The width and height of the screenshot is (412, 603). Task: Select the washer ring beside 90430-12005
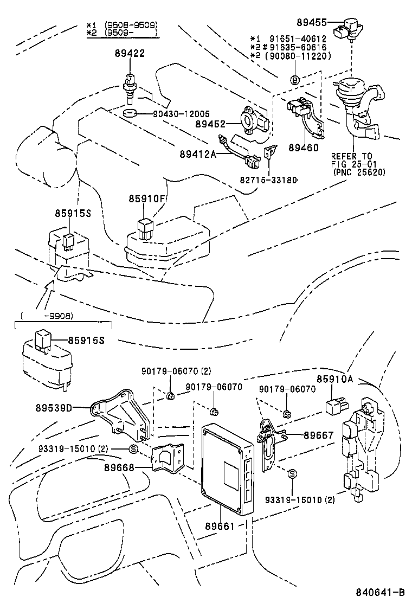coord(129,114)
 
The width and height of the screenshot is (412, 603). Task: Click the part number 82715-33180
coord(269,179)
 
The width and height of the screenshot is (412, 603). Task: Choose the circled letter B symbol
coord(295,80)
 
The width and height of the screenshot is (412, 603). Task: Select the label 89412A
coord(198,155)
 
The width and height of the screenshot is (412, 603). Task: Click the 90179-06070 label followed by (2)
coord(176,371)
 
